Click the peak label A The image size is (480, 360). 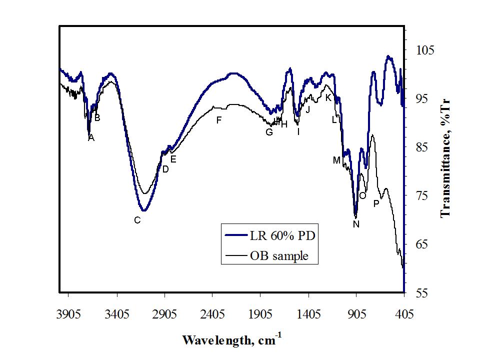click(x=91, y=138)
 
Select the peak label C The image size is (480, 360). click(x=137, y=220)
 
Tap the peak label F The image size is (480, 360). click(x=218, y=120)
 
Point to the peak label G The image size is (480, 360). click(x=269, y=132)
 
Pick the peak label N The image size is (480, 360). click(x=356, y=224)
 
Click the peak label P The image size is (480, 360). click(x=376, y=203)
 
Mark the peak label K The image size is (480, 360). click(x=328, y=97)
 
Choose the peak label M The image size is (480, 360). click(x=336, y=160)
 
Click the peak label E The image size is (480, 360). click(x=173, y=159)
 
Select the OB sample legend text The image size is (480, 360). click(x=279, y=256)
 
